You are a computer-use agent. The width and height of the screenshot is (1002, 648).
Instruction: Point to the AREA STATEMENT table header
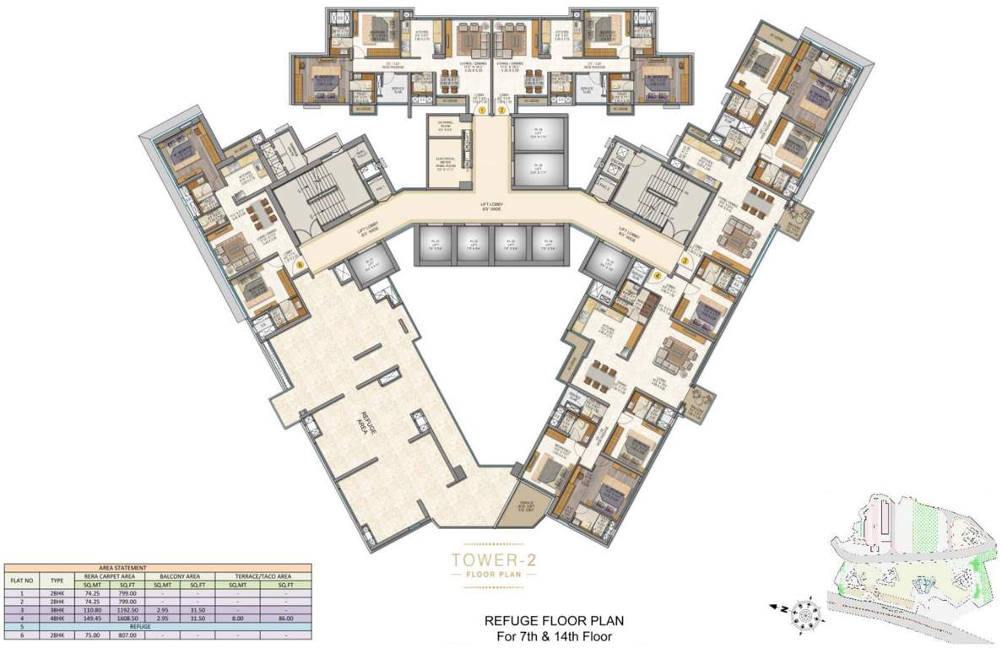(x=158, y=569)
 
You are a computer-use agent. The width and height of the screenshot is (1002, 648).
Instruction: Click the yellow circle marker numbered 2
(x=501, y=110)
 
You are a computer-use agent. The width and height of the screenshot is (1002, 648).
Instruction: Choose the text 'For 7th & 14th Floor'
(x=553, y=636)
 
